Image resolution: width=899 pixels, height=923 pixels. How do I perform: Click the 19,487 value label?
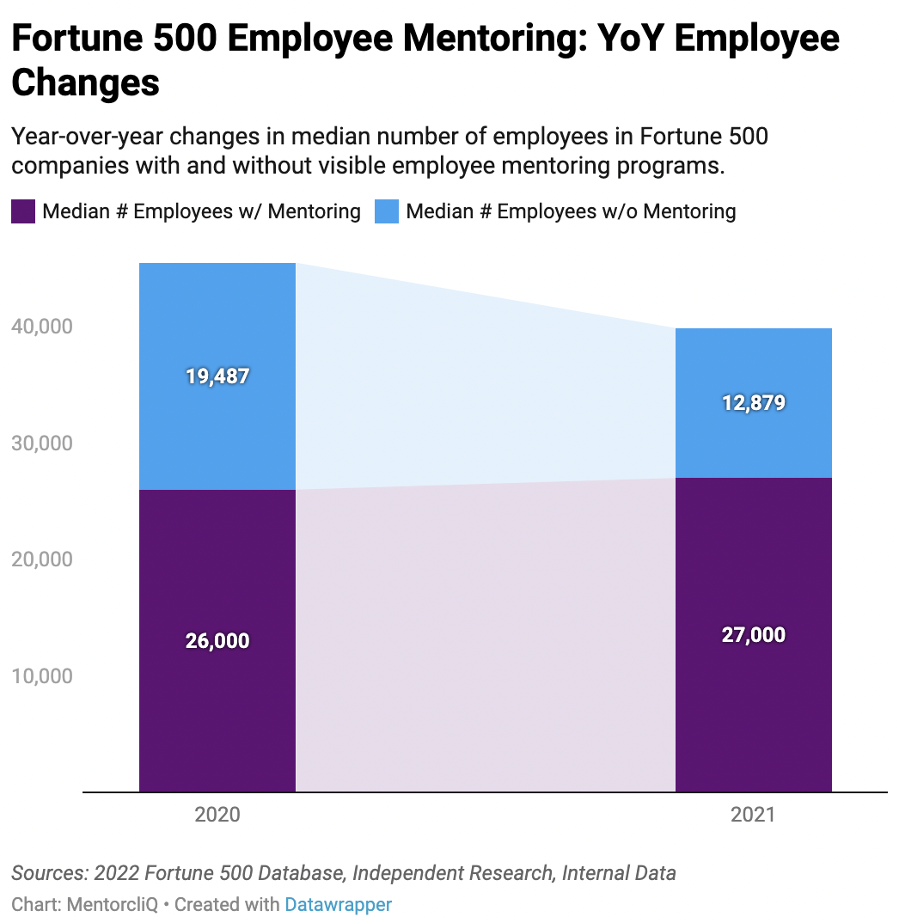(217, 376)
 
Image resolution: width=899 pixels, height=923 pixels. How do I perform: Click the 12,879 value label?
(754, 403)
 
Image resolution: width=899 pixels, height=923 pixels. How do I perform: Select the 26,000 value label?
(217, 641)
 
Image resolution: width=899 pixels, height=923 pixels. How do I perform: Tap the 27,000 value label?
(754, 635)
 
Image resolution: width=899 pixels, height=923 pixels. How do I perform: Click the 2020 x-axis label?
(217, 815)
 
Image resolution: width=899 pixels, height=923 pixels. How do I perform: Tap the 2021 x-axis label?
(754, 815)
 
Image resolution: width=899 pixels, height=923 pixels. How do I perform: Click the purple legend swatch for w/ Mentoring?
(23, 211)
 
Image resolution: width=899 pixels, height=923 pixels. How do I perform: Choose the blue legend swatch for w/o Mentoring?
(387, 211)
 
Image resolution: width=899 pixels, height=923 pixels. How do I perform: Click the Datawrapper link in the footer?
(339, 904)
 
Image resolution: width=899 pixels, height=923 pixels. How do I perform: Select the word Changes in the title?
(86, 83)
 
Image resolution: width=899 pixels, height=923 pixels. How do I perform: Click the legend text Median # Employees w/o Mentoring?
(571, 211)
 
